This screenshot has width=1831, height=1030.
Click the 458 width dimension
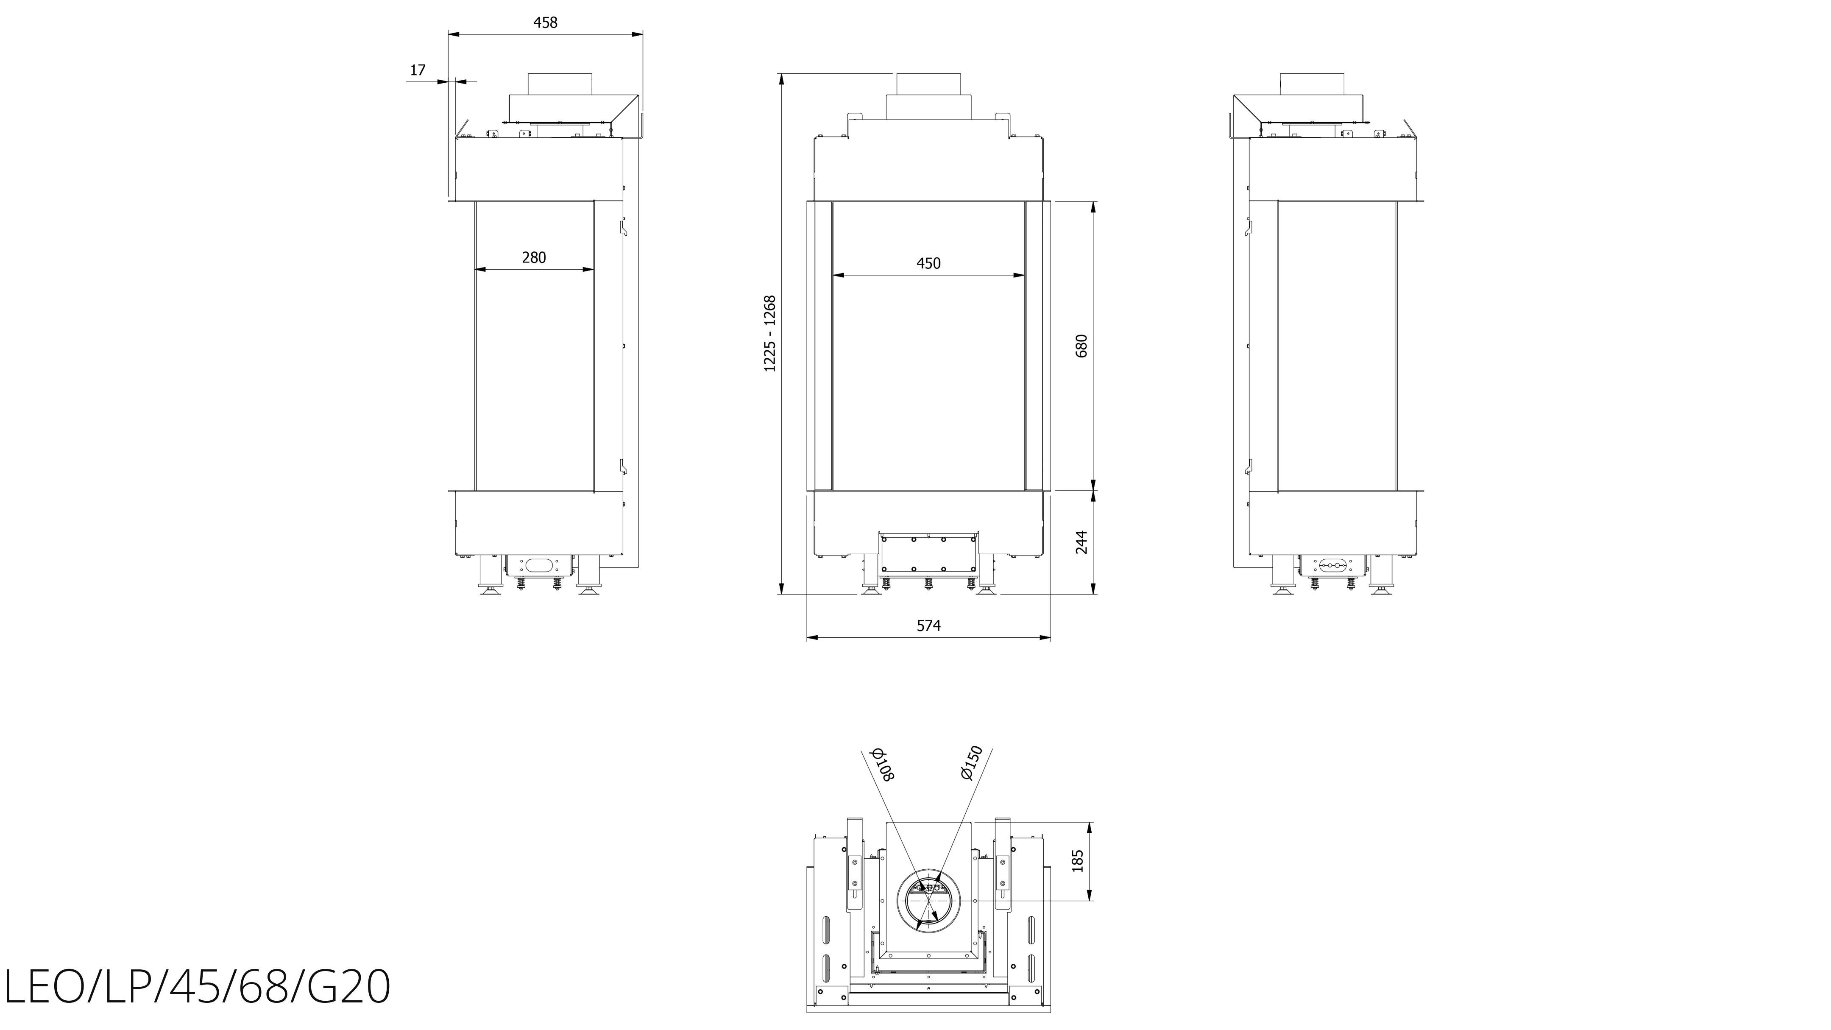point(545,23)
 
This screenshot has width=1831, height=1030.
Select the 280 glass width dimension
point(534,257)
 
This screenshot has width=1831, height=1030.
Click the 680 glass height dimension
point(1082,346)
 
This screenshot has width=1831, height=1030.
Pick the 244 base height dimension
point(1082,542)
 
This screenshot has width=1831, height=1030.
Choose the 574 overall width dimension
point(928,625)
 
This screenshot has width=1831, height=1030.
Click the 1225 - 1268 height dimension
point(770,333)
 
